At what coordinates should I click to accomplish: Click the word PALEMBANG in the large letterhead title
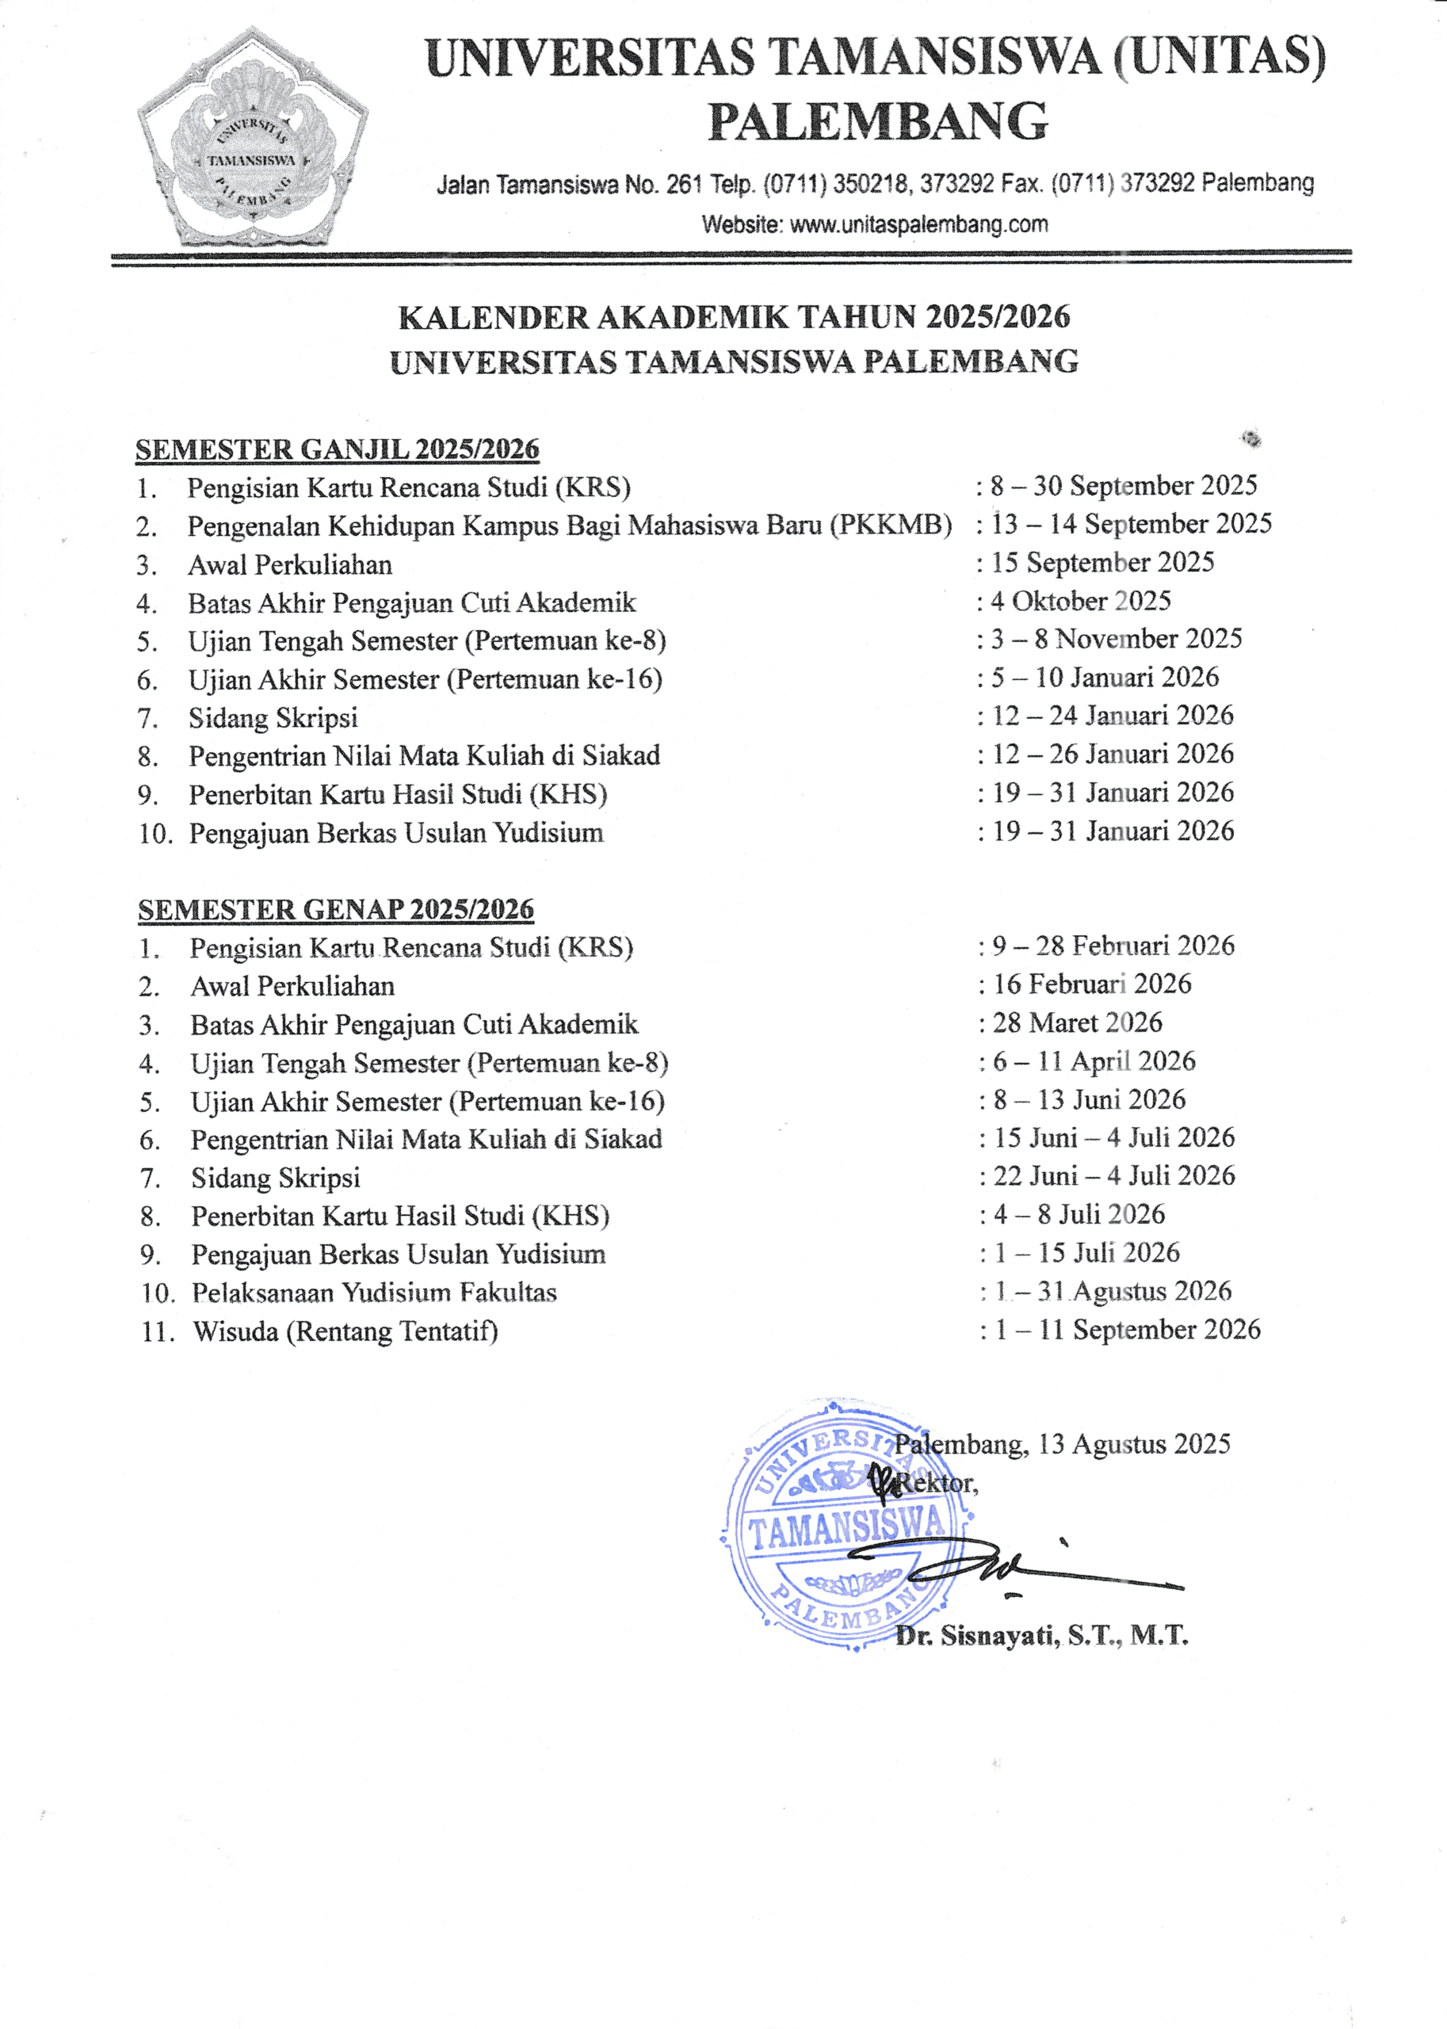[878, 121]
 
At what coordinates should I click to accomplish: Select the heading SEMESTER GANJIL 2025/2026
[337, 449]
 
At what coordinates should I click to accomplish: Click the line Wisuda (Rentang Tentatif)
[345, 1332]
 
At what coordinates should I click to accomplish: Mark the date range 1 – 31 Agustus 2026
[1113, 1291]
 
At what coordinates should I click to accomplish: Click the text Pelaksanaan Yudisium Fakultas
[374, 1292]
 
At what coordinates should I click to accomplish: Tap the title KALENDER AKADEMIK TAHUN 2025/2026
[733, 316]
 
